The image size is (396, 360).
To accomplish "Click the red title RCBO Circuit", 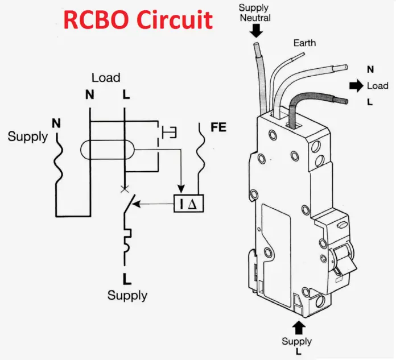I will (x=138, y=20).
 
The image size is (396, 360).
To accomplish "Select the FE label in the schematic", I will (x=218, y=127).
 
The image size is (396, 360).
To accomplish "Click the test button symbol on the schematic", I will (x=169, y=133).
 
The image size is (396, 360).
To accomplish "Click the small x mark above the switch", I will (x=123, y=188).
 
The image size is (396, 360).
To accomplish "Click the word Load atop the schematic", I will (x=106, y=78).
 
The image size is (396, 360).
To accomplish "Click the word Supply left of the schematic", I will (x=28, y=136).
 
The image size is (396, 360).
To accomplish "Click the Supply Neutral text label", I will (x=254, y=13).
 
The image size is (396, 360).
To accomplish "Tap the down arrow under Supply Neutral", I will (x=256, y=31).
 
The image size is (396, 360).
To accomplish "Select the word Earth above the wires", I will (x=304, y=43).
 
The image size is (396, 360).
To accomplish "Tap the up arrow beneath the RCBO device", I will (x=298, y=327).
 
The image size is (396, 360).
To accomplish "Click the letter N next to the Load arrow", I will (x=370, y=69).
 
